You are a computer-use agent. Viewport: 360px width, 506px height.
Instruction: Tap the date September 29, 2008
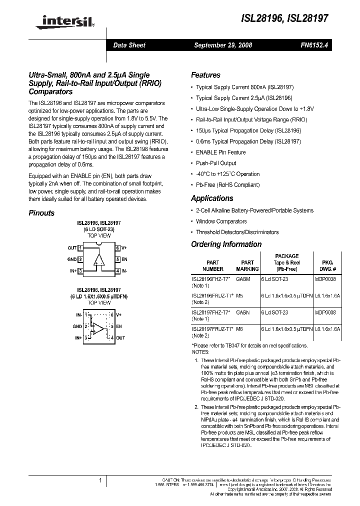coord(223,45)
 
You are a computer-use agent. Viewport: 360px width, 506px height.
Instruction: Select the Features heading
coord(205,75)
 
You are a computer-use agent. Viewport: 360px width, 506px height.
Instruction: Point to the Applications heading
coord(212,198)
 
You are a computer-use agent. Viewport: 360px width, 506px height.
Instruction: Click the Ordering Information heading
coord(226,244)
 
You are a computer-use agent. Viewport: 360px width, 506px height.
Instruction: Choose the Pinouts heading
coord(41,213)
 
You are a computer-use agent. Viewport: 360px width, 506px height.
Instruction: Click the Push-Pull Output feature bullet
coord(216,163)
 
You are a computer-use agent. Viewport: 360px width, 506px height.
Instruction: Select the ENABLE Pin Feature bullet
coord(220,152)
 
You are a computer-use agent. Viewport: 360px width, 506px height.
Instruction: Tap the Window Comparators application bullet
coord(221,221)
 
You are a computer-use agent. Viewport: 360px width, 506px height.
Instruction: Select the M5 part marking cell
coord(239,295)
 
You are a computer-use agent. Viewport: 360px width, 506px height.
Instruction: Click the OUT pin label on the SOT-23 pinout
coord(71,248)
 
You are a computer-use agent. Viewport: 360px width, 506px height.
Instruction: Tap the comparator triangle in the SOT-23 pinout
coord(99,259)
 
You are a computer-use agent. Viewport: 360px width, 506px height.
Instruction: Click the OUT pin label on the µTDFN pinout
coord(120,338)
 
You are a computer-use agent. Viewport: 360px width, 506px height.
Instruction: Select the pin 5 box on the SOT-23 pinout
coord(118,259)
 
